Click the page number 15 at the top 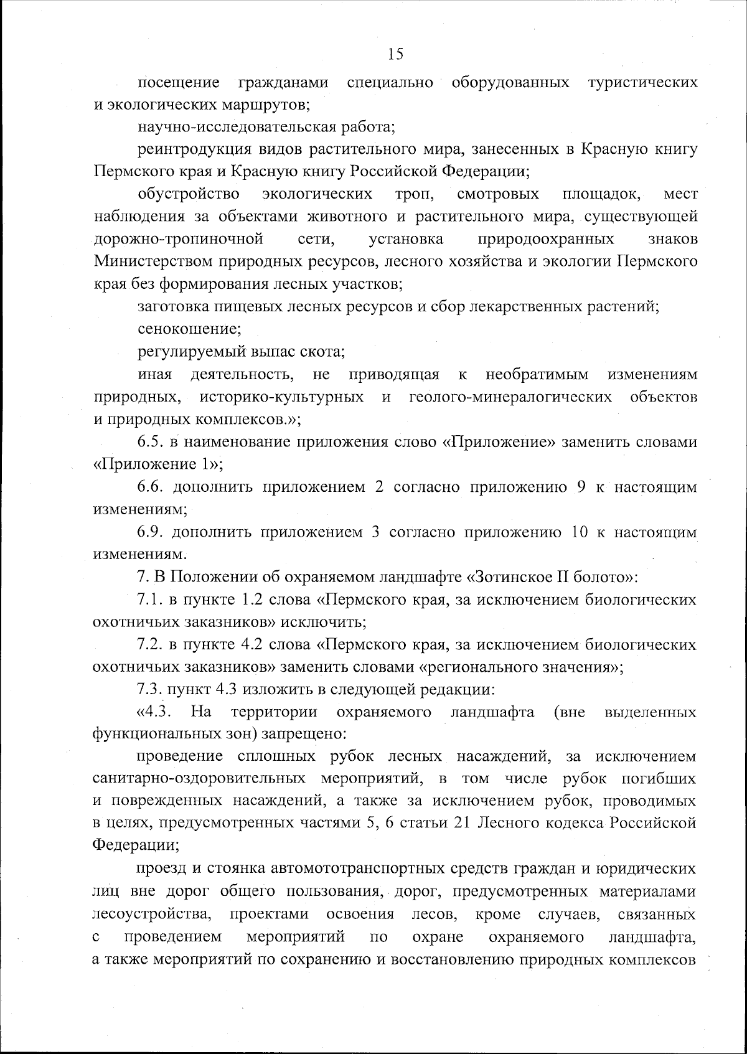(395, 54)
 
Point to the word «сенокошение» (189, 329)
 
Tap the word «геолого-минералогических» (510, 397)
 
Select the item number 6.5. (150, 442)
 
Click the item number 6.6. (150, 487)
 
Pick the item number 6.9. (150, 532)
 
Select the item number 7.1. (149, 600)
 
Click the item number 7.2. (149, 644)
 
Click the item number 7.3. (149, 690)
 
